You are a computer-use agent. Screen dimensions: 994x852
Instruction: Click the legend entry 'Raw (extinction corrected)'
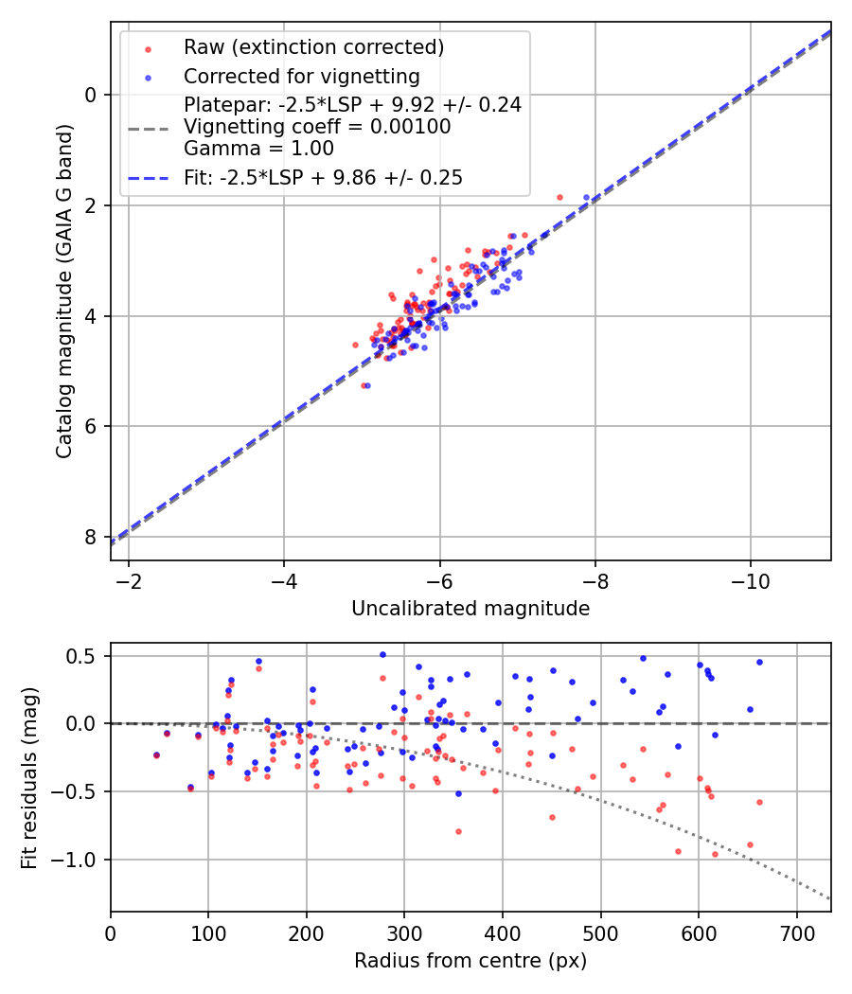coord(313,47)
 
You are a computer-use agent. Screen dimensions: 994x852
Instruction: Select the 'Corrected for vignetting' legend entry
coord(301,76)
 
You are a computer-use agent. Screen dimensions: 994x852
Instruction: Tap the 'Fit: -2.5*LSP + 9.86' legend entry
coord(323,178)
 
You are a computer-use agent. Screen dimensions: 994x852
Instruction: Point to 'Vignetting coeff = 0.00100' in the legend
coord(317,126)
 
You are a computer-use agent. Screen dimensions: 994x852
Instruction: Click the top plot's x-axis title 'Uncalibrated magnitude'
coord(470,609)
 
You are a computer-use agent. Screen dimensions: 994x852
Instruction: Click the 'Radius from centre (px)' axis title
coord(470,961)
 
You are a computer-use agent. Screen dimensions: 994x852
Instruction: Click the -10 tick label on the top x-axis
coord(750,578)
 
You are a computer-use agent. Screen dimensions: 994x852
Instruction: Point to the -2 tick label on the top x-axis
coord(129,578)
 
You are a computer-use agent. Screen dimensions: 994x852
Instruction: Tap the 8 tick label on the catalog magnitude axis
coord(92,538)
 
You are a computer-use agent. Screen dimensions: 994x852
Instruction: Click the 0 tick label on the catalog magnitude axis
coord(92,95)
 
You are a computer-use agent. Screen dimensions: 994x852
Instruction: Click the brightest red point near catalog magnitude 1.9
coord(559,197)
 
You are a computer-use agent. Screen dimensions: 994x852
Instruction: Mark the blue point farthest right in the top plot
coord(586,197)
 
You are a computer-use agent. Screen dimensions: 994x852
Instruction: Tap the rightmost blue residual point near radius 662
coord(759,662)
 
